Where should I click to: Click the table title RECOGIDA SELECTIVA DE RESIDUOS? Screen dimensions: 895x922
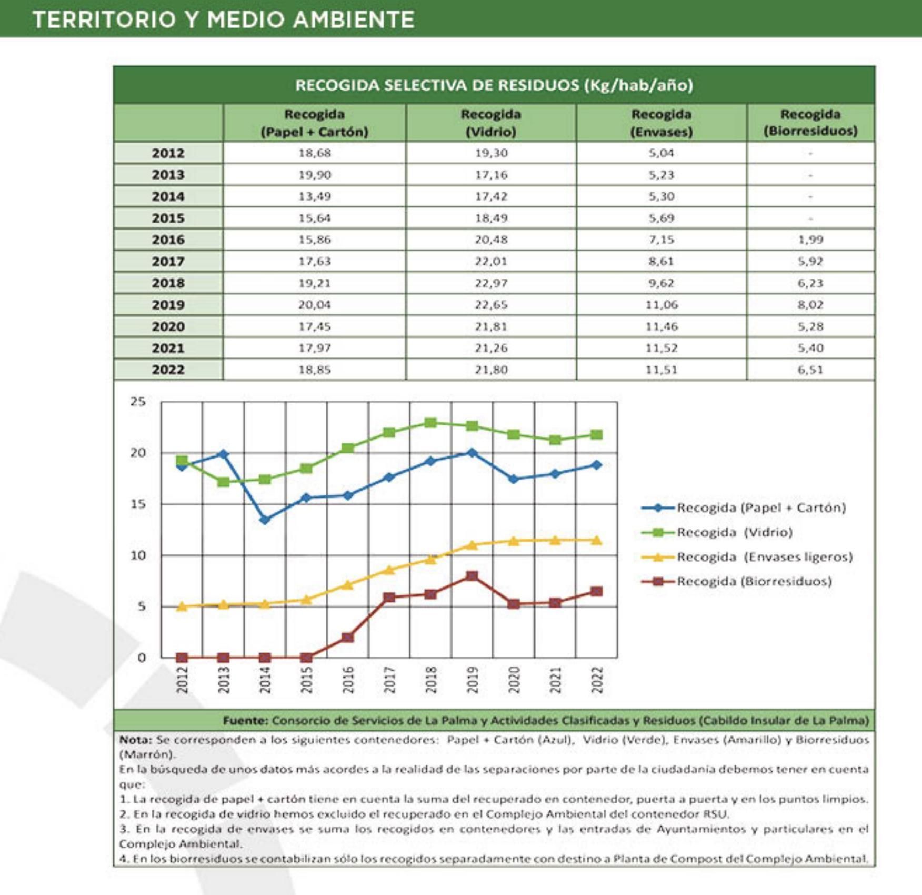[x=494, y=85]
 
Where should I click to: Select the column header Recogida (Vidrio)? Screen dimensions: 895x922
[x=490, y=123]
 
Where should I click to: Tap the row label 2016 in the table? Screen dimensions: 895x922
[x=168, y=240]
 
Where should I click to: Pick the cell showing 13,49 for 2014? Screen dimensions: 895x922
[x=314, y=196]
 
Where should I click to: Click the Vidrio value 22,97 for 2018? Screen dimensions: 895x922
[x=490, y=283]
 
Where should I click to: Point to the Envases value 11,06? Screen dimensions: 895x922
[x=661, y=305]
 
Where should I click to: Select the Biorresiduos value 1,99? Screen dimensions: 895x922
[x=810, y=240]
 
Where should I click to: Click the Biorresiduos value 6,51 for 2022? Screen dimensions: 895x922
[x=810, y=370]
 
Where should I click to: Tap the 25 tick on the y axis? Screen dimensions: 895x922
[x=137, y=402]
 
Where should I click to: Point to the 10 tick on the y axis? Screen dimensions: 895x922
[x=137, y=555]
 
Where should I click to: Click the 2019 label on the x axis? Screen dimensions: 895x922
[x=472, y=680]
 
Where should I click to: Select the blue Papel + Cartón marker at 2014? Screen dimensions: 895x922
[x=265, y=520]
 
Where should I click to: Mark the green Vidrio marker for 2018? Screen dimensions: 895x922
[x=430, y=423]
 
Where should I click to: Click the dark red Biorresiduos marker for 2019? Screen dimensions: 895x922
[x=472, y=576]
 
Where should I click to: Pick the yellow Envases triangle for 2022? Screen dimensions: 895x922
[x=596, y=540]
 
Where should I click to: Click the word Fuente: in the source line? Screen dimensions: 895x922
[x=245, y=720]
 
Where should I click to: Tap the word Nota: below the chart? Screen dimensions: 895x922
[x=135, y=740]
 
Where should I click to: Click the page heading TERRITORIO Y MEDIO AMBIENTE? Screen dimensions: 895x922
[x=223, y=20]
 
